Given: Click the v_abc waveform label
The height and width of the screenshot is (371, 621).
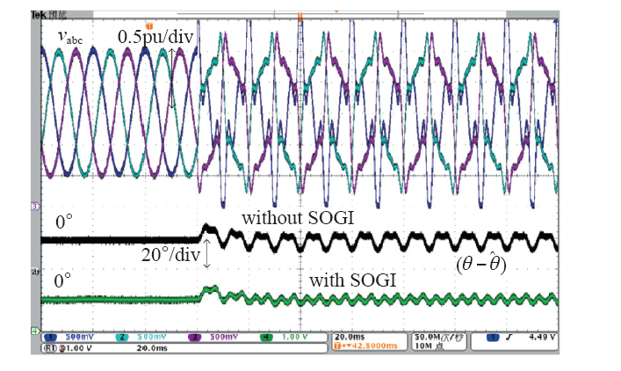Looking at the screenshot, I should pos(73,37).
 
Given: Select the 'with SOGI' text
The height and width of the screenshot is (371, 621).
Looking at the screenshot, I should pos(351,280).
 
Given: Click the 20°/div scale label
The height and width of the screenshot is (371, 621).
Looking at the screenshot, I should pos(170,256).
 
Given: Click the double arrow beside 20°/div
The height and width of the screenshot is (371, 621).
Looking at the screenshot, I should pos(207,254).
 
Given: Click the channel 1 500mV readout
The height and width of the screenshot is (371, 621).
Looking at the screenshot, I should pos(69,336).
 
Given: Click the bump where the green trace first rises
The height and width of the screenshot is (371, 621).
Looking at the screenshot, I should pos(209,289).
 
